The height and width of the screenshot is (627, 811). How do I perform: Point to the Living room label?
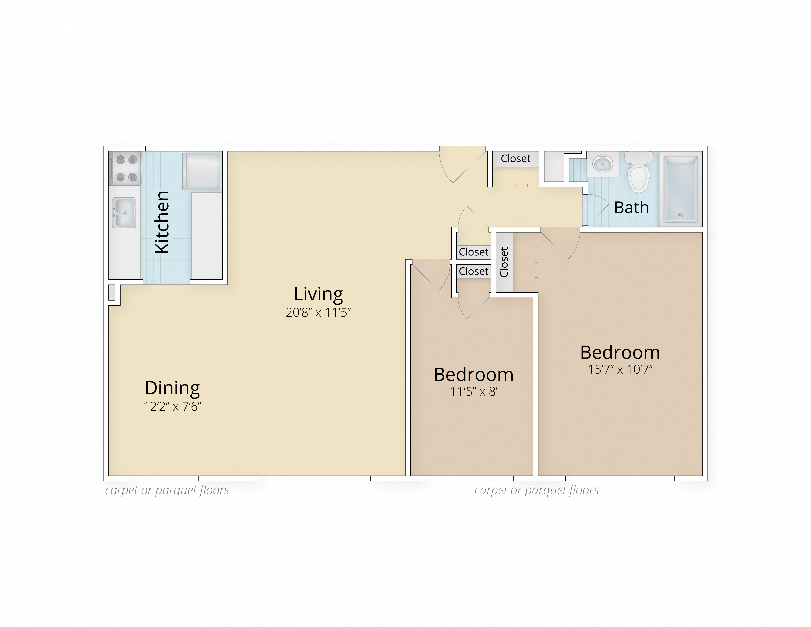(318, 294)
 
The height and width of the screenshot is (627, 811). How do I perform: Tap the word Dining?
(172, 388)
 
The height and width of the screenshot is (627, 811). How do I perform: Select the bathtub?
(681, 189)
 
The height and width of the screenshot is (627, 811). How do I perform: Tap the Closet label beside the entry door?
(515, 159)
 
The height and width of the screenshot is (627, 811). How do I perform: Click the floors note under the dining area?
(167, 490)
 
